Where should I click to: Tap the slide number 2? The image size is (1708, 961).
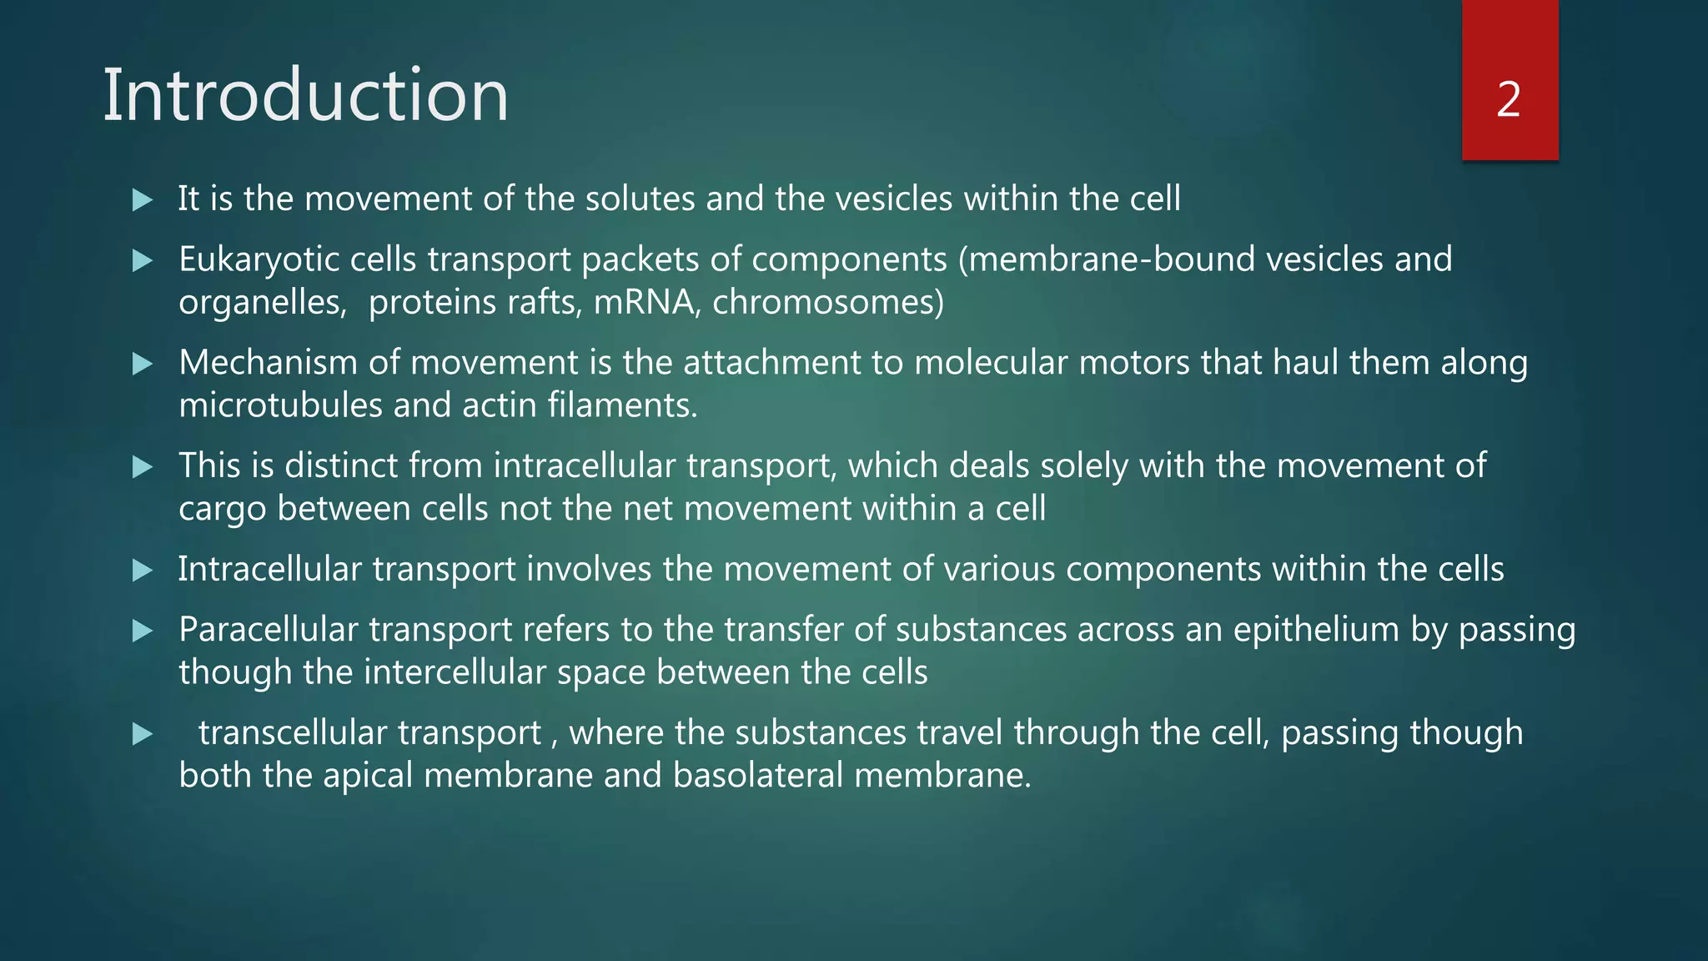1509,100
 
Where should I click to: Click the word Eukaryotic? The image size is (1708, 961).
259,260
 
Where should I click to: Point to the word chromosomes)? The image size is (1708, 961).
828,302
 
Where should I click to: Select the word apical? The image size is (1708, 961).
368,776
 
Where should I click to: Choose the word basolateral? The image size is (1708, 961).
758,776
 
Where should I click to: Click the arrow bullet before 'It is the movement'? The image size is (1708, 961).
143,200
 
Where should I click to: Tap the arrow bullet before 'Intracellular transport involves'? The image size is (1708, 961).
143,571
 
